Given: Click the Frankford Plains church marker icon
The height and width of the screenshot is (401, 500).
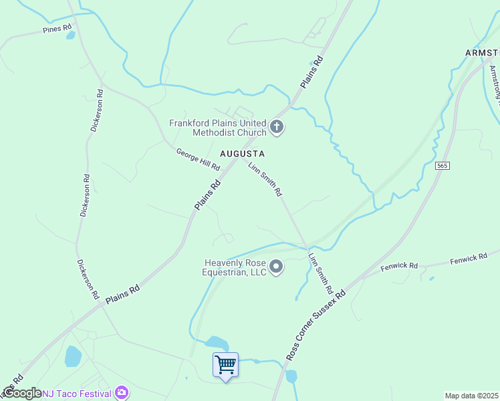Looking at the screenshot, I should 277,127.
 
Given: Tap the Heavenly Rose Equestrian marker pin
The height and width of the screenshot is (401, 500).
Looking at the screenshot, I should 277,268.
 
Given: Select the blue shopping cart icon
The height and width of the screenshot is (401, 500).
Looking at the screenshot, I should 225,365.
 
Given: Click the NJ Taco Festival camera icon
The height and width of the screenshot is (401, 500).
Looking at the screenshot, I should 122,392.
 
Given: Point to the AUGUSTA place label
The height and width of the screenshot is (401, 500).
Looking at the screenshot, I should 243,154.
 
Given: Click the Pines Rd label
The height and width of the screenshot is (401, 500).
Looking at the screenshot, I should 57,29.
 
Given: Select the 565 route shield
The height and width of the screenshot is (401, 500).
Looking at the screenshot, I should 441,165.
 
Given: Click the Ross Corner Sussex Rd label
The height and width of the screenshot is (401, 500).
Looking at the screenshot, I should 316,325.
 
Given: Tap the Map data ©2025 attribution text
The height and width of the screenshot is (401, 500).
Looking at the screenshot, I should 472,396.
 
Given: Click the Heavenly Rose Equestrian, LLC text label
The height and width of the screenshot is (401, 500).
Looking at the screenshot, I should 236,267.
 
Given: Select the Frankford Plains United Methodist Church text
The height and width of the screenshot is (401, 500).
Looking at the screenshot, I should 218,127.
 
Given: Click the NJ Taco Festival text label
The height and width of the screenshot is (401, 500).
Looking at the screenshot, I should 78,393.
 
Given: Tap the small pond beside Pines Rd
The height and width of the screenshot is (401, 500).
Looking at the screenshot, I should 70,35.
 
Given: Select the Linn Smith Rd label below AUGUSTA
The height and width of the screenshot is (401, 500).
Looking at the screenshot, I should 265,180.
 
